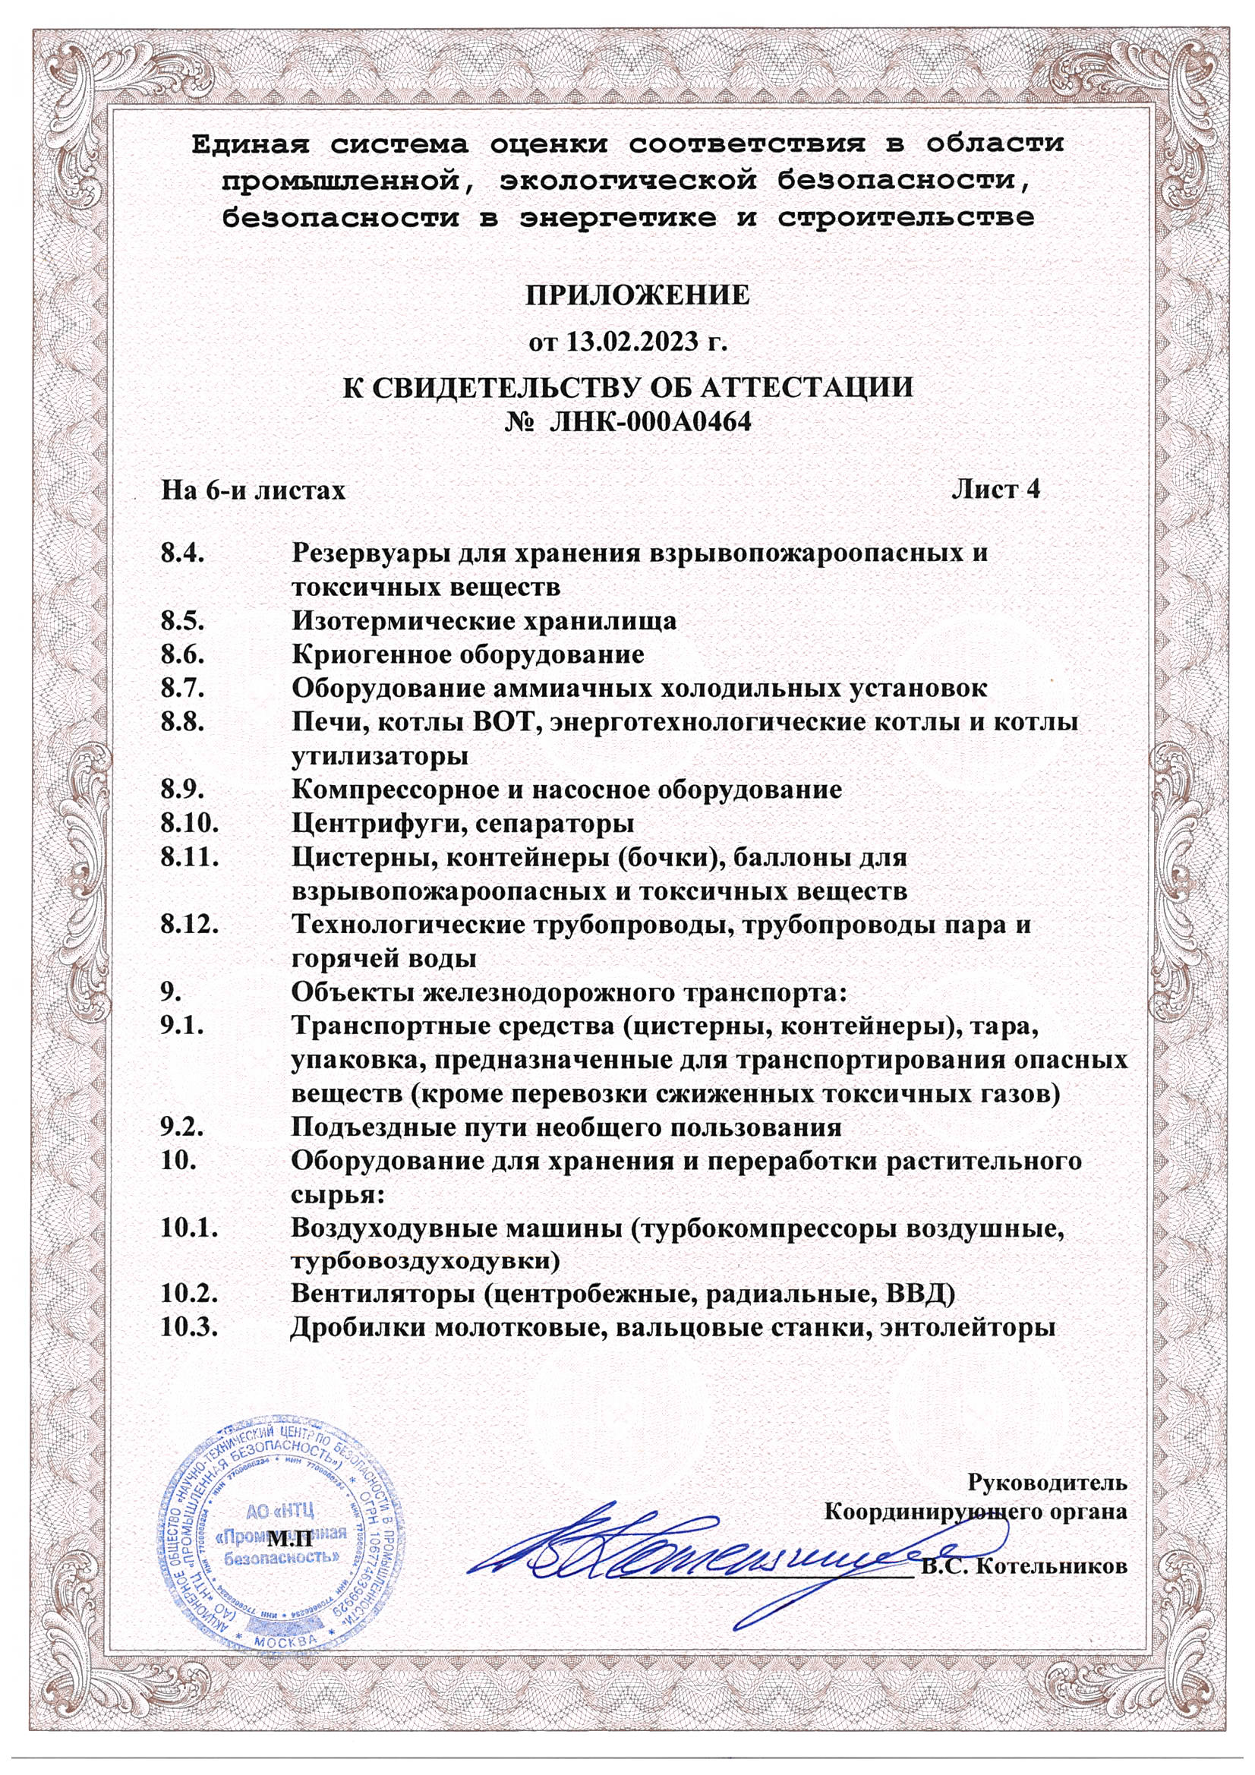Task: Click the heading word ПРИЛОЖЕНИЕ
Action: tap(637, 295)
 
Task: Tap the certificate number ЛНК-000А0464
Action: tap(650, 422)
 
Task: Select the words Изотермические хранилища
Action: tap(484, 621)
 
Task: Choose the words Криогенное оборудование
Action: tap(468, 654)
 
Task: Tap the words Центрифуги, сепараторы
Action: tap(462, 823)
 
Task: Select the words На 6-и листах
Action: tap(253, 490)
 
